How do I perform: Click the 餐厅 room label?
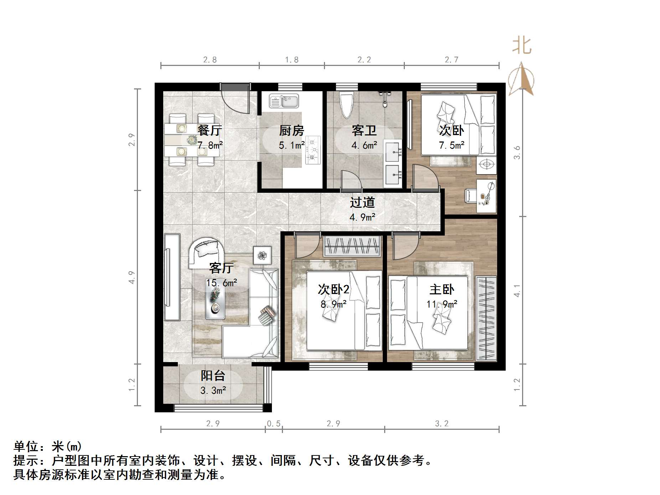(x=210, y=130)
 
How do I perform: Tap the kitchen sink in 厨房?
(x=284, y=101)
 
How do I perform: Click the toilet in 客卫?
(x=346, y=104)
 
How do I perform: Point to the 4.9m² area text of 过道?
(x=362, y=217)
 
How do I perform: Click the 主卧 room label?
(x=442, y=289)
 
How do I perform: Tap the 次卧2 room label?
(x=334, y=289)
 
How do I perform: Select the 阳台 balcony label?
(x=213, y=376)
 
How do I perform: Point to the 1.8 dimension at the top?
(x=292, y=60)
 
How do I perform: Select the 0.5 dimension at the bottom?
(x=274, y=424)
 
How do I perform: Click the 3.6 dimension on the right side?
(x=517, y=153)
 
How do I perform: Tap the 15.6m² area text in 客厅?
(x=222, y=283)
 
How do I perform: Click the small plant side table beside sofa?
(x=262, y=255)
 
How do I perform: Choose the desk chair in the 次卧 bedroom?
(x=470, y=195)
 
